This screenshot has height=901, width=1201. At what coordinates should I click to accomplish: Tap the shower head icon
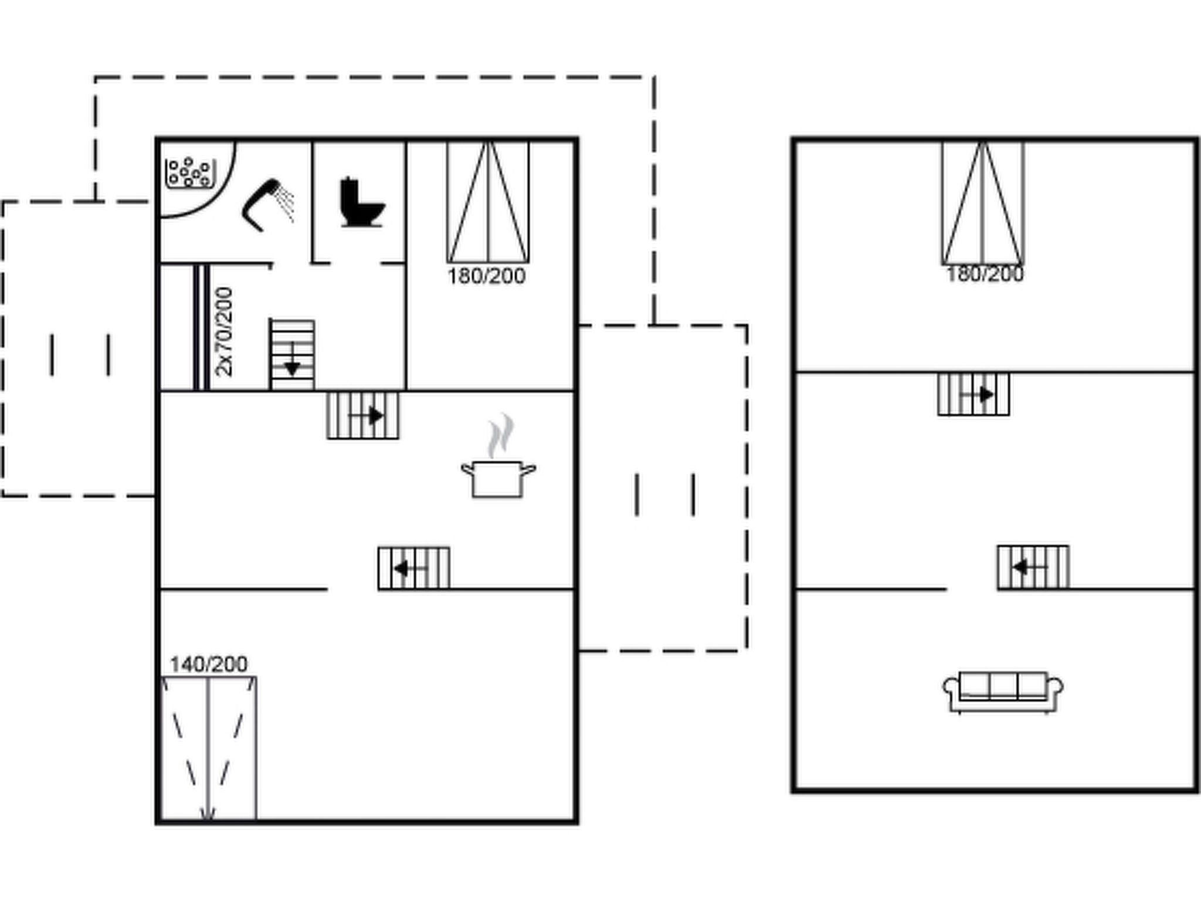pos(267,204)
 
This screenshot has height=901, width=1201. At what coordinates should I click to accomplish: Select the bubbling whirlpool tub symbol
pos(189,173)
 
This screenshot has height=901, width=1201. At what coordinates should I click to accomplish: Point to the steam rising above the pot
pos(500,436)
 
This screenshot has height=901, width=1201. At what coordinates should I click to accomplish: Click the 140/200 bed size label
pos(209,665)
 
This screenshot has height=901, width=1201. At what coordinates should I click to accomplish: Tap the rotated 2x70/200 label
pos(224,332)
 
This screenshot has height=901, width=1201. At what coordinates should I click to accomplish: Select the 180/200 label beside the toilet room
pos(487,276)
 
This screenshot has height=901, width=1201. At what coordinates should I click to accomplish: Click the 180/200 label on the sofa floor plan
pos(985,274)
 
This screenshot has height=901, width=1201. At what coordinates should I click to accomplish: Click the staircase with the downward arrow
pos(292,355)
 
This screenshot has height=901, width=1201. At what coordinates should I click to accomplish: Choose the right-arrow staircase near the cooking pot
pos(363,415)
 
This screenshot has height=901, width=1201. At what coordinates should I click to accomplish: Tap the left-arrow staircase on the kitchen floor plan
pos(414,568)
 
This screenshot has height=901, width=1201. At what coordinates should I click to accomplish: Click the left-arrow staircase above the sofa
pos(1033,567)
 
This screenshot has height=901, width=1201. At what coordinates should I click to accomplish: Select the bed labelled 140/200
pos(209,748)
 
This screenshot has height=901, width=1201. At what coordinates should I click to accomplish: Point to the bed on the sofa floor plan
pos(983,203)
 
